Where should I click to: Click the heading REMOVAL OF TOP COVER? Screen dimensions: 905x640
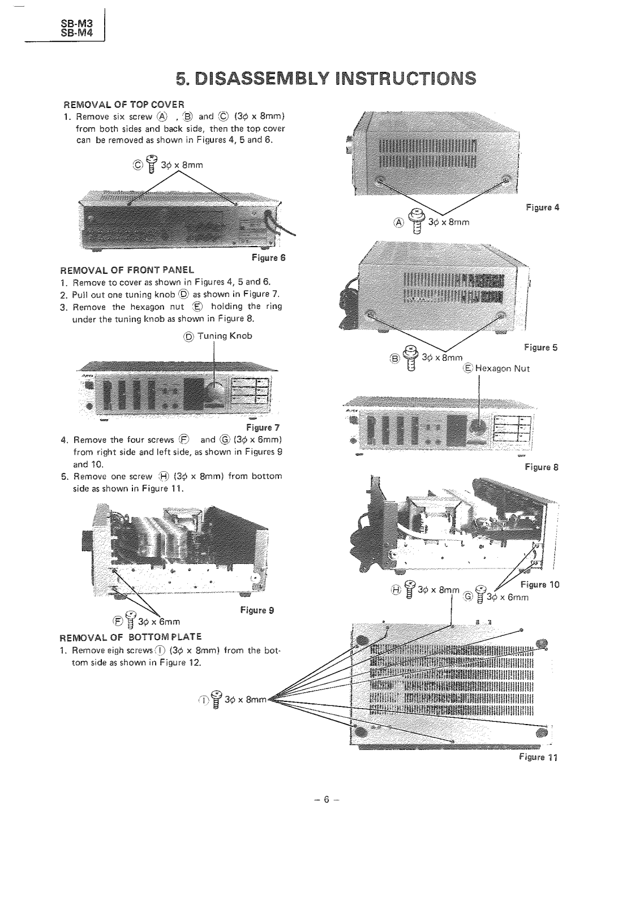click(123, 105)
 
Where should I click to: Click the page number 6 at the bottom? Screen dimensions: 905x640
click(326, 800)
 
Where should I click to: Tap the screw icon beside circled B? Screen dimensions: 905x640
click(411, 357)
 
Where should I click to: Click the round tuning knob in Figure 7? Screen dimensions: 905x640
click(214, 390)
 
